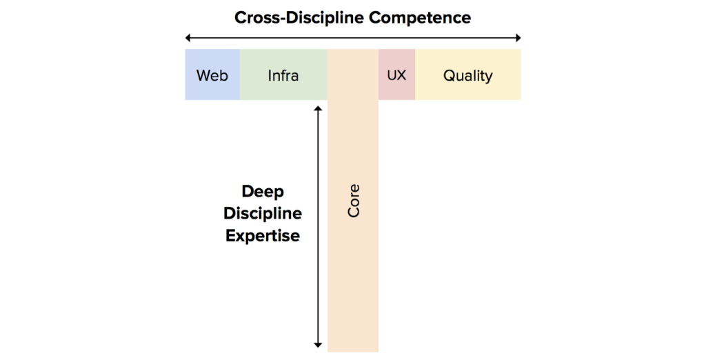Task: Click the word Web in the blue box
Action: (x=212, y=75)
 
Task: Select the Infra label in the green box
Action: (x=283, y=75)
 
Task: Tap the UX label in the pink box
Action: (x=396, y=75)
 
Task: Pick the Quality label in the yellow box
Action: (x=468, y=75)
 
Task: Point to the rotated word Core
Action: (x=354, y=201)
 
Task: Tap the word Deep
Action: (x=263, y=191)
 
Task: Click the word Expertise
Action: (x=263, y=235)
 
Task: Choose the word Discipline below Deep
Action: (x=263, y=213)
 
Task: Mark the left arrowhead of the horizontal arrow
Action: (x=188, y=38)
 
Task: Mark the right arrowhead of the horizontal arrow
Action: (x=518, y=38)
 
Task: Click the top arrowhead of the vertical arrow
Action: (x=318, y=108)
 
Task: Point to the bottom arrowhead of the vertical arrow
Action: (x=318, y=344)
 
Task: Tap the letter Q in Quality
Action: (x=449, y=75)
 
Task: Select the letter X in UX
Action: (x=402, y=75)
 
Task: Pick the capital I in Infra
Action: (x=270, y=75)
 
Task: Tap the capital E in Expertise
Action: (x=231, y=235)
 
